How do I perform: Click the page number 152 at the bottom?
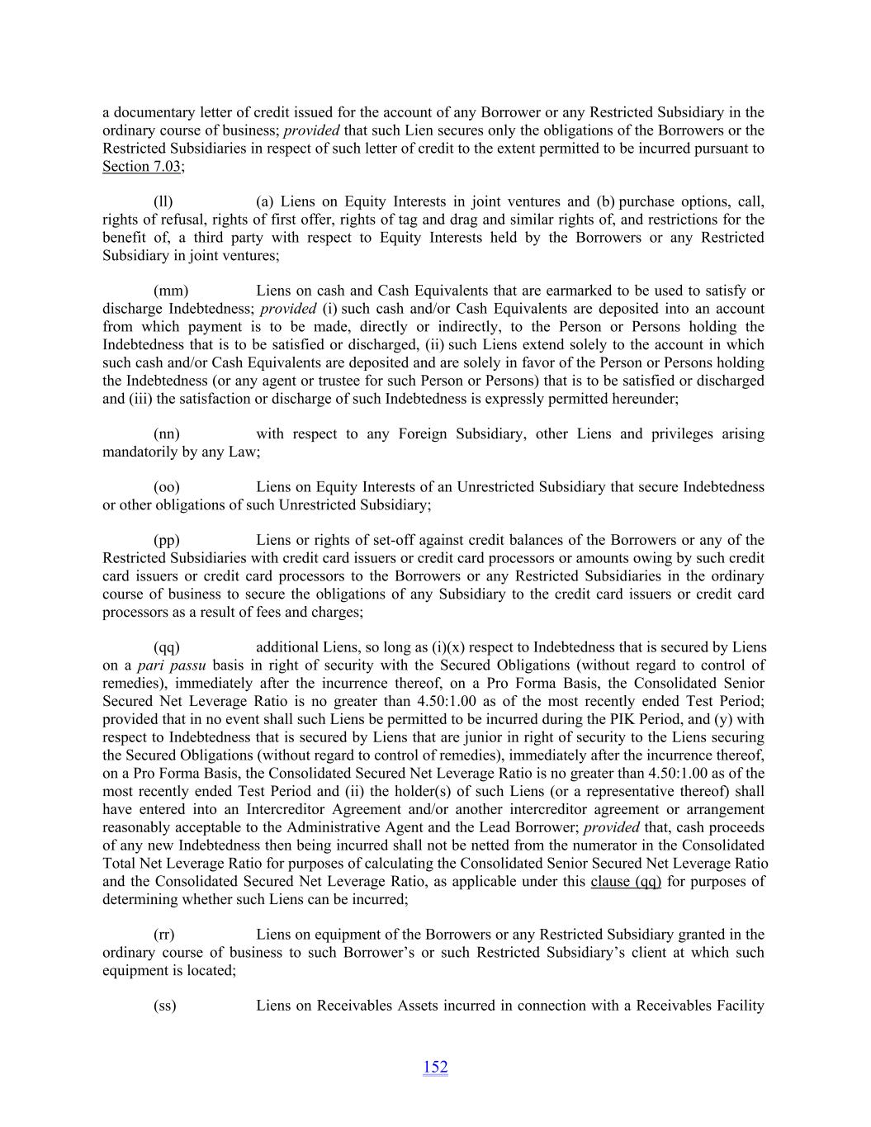pos(435,1067)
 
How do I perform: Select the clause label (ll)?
pos(163,201)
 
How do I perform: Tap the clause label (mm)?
pos(171,291)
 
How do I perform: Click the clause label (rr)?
pos(163,935)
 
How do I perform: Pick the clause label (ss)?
pos(164,1006)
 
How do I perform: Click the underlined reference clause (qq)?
pos(626,881)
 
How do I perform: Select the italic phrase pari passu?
pos(171,665)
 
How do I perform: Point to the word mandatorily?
pos(140,452)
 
